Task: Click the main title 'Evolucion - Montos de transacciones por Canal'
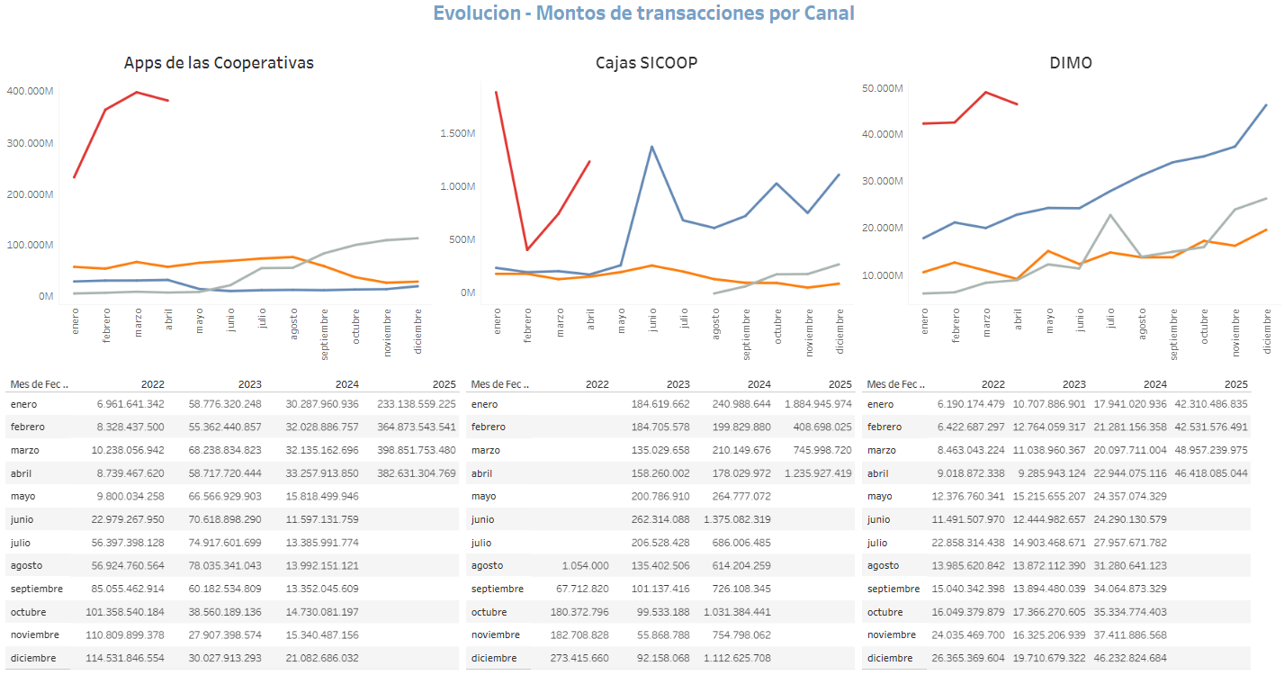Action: [643, 13]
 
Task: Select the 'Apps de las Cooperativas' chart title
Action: [219, 63]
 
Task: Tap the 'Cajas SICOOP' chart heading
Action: [646, 63]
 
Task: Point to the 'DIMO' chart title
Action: [1071, 63]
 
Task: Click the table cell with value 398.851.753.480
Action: [414, 450]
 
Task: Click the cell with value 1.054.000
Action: [584, 566]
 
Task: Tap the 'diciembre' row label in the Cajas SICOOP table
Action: [494, 658]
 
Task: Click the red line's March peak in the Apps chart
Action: [137, 92]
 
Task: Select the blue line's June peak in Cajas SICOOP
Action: [651, 147]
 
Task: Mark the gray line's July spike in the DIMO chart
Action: [1111, 215]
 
